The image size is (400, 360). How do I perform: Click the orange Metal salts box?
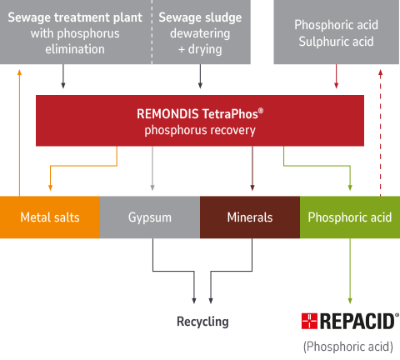[50, 217]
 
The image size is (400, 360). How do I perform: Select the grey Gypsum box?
[150, 217]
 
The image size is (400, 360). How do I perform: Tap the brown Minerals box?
[250, 217]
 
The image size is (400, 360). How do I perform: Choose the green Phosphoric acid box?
[349, 217]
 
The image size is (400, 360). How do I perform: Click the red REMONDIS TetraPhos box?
[200, 121]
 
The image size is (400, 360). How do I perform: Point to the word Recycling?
[202, 322]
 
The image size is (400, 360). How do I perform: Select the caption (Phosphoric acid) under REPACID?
[348, 345]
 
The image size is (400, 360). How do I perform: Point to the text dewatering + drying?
[200, 41]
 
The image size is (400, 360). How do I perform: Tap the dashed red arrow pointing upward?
[380, 133]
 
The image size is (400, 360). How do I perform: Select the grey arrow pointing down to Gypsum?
[152, 171]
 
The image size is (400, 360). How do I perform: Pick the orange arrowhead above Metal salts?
[51, 187]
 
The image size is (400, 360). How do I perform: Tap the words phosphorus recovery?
[200, 131]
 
